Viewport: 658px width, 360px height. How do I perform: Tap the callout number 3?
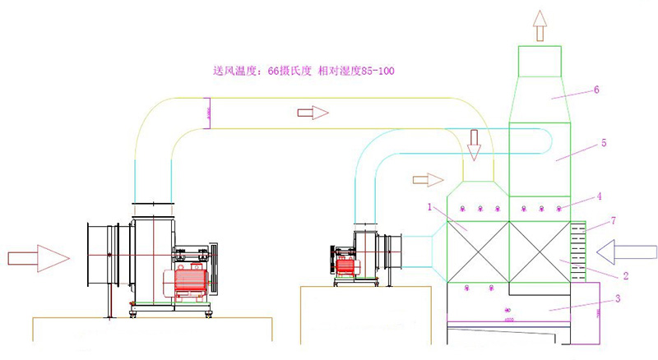[618, 299]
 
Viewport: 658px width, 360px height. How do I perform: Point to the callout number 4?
[600, 196]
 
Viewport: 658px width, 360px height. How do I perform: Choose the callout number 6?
[596, 90]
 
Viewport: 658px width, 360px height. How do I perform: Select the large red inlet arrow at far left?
[38, 258]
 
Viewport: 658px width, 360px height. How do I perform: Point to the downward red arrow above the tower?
[473, 145]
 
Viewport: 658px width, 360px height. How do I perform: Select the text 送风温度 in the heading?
[234, 71]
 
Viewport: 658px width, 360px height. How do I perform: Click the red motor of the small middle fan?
[345, 265]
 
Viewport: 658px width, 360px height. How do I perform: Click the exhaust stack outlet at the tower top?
[540, 61]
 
